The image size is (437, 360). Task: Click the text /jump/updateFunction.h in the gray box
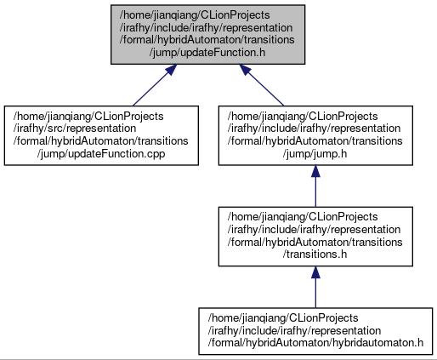coord(207,53)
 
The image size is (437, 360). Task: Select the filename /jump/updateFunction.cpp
coord(101,154)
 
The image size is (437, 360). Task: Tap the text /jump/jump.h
coord(315,154)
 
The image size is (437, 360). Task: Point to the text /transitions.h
coord(315,254)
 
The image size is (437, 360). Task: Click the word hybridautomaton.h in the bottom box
coord(377,343)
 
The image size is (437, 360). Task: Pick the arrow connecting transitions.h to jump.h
coord(315,186)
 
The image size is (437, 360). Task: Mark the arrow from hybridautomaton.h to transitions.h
coord(315,287)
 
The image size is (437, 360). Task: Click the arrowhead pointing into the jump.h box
coord(315,171)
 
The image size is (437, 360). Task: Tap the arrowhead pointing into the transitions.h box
coord(315,272)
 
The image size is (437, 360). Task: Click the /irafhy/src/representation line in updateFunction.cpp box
coord(75,129)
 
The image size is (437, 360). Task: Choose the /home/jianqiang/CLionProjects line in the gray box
coord(195,15)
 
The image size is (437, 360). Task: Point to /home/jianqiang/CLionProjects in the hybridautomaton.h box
coord(283,318)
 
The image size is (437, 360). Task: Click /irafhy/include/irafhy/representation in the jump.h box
coord(314,129)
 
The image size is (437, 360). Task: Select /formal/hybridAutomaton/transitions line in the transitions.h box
coord(315,242)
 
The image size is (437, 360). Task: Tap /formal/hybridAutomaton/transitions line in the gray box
coord(207,40)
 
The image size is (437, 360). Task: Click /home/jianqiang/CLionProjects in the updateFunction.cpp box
coord(88,117)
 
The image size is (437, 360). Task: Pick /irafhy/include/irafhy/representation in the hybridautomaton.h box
coord(294,330)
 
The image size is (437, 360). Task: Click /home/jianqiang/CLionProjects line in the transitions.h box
coord(303,217)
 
